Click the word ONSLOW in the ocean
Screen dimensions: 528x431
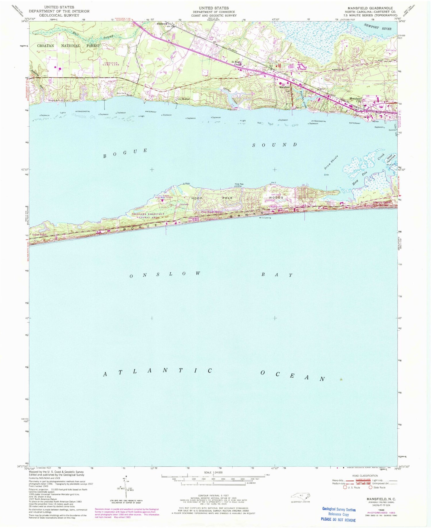[165, 274]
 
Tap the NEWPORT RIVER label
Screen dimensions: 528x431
[378, 27]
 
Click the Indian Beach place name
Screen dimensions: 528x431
[39, 234]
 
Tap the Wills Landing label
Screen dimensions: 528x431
[265, 218]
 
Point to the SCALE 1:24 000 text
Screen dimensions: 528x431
[213, 473]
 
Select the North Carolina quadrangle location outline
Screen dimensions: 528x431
[300, 496]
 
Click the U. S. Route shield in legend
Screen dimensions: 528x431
[345, 487]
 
